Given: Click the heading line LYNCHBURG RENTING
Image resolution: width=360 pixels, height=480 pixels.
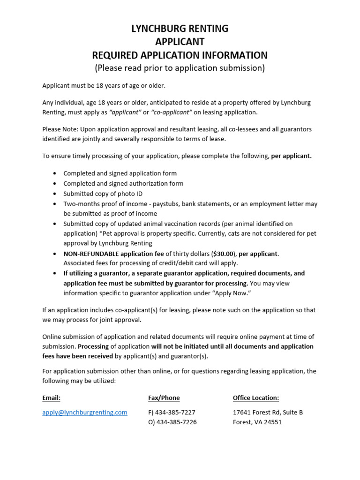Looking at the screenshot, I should pos(180,29).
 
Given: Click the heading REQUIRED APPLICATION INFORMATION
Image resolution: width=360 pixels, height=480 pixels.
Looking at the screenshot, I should pos(180,55).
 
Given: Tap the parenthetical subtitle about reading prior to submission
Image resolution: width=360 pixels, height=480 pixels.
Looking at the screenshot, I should pos(180,68).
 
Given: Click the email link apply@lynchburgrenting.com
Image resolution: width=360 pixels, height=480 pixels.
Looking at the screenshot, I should pos(85,412).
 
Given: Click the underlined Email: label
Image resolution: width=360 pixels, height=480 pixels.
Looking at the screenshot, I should pos(52,398).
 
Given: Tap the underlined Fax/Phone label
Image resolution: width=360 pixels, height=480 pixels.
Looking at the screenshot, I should pos(164,398).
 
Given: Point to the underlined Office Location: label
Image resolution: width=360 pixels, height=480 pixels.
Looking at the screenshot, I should pos(256,398).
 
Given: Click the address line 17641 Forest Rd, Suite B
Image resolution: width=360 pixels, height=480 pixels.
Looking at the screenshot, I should pos(268,412).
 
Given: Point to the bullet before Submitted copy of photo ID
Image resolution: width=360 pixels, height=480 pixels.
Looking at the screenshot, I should pos(55,194).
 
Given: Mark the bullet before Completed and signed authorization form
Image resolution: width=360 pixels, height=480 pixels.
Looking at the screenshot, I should pos(55,184).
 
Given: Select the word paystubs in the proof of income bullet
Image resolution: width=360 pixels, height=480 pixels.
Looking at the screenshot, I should pos(164,204).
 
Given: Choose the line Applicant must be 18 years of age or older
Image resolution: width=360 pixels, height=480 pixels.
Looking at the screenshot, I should pos(104,86).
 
